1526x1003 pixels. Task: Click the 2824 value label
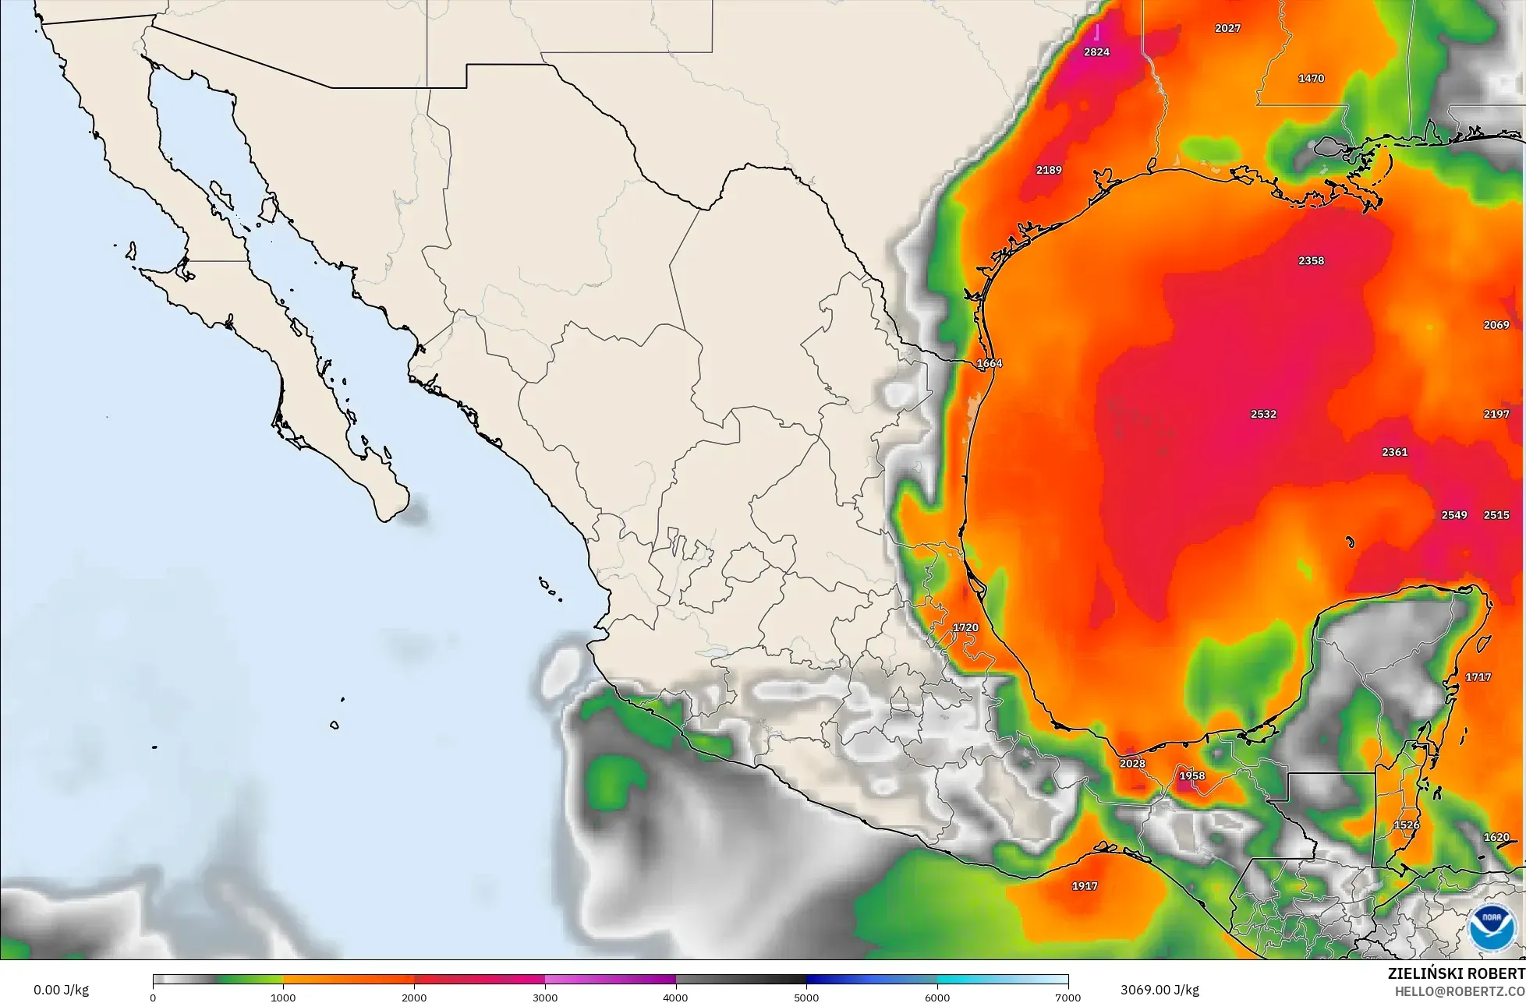(x=1096, y=52)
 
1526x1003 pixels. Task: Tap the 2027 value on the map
(x=1227, y=28)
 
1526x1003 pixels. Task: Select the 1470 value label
(x=1311, y=79)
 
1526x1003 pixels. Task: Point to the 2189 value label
(x=1049, y=170)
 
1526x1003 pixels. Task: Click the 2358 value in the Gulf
(x=1311, y=261)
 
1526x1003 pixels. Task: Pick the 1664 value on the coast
(x=989, y=364)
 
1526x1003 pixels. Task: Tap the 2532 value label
(x=1263, y=414)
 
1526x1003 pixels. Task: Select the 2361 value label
(x=1394, y=452)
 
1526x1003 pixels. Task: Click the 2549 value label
(x=1454, y=515)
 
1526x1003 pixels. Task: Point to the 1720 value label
(x=965, y=627)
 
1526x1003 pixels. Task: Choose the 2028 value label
(x=1132, y=764)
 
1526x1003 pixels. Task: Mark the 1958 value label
(x=1191, y=776)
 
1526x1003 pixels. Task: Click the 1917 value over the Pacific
(x=1085, y=886)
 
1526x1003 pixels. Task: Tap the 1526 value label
(x=1407, y=825)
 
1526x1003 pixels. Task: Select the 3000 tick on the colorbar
(x=545, y=997)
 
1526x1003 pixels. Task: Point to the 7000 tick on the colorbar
(x=1067, y=997)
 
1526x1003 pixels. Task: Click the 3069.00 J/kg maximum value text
(x=1160, y=990)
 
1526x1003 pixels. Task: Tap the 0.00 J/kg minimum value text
(x=61, y=990)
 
